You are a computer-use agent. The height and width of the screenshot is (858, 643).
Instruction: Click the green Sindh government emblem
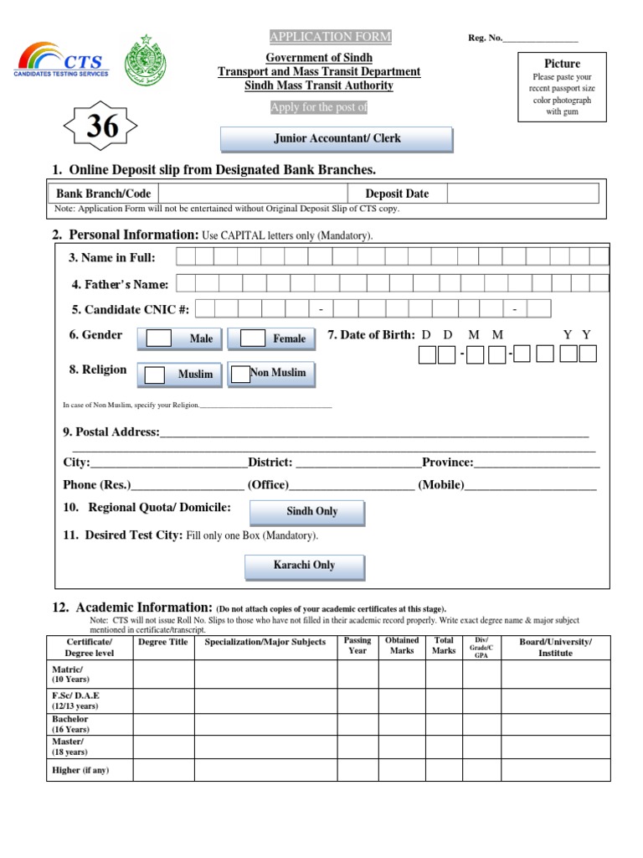[146, 61]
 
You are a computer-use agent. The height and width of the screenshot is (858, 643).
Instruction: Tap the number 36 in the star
[101, 127]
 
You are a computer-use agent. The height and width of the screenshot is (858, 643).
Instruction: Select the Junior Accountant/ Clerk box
[337, 139]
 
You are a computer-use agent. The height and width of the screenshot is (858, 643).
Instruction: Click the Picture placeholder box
[562, 86]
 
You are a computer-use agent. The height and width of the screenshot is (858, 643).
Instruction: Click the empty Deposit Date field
[522, 194]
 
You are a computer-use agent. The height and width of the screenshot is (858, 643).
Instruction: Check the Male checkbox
[159, 339]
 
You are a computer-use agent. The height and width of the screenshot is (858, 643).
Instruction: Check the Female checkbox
[252, 339]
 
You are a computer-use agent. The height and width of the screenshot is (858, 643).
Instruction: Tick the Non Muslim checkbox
[240, 374]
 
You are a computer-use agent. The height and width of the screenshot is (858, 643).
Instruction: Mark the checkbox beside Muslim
[154, 375]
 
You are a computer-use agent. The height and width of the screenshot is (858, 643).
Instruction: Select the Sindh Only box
[311, 511]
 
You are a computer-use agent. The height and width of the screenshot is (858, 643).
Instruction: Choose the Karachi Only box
[304, 566]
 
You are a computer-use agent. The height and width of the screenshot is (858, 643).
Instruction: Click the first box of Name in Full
[186, 256]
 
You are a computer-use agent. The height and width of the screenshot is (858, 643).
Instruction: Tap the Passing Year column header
[358, 645]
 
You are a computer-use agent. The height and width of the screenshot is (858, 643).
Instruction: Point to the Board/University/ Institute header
[556, 647]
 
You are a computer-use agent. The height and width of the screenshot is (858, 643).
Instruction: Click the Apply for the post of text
[319, 107]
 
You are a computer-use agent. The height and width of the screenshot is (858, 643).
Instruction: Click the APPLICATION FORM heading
[330, 37]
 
